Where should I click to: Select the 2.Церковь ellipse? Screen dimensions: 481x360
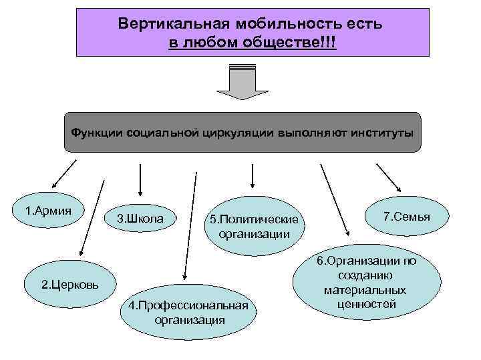(70, 285)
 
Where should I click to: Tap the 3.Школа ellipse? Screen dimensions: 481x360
(140, 218)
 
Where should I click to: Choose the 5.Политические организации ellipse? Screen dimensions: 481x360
(254, 226)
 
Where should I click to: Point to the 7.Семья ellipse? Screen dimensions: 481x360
(406, 217)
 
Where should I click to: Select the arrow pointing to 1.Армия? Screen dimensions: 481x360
(63, 172)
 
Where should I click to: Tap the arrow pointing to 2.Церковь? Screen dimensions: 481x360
(92, 217)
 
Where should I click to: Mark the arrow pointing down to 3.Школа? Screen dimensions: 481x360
(139, 177)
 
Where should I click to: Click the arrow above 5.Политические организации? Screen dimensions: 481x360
(252, 175)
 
